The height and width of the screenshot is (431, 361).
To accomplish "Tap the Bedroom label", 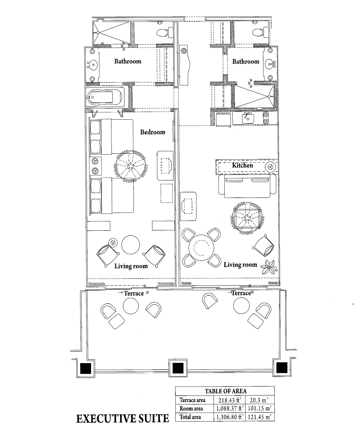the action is point(152,132).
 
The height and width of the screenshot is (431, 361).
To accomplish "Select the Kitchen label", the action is point(242,165).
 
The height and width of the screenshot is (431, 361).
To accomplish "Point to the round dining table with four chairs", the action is point(201,247).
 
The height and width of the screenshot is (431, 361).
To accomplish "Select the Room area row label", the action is point(191,409).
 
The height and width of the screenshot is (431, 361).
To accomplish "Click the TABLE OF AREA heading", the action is point(225,391).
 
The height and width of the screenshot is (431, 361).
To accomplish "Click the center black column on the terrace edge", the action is point(178,368).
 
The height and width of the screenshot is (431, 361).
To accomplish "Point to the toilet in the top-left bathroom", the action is point(163,33).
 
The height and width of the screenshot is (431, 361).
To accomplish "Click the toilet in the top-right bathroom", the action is point(258,33).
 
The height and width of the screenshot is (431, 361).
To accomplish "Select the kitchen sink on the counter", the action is point(248,118).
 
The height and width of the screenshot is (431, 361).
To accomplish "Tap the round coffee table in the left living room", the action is point(131,245).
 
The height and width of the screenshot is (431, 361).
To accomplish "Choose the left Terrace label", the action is point(134,293).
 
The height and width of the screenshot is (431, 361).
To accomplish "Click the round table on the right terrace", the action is point(241,306).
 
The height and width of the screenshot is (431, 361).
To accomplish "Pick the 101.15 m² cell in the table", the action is point(259,408).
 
